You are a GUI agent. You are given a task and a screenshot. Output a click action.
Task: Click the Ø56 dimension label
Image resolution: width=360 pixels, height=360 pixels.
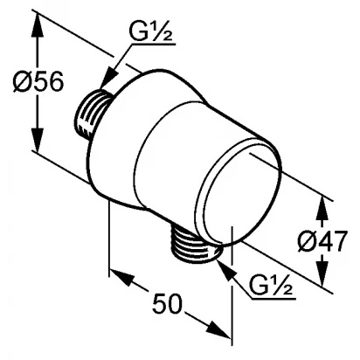(38, 81)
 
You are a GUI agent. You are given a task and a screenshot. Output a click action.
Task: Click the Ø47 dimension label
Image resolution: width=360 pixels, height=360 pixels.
(322, 240)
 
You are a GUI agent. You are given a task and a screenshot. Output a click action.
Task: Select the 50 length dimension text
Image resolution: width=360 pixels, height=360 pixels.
(167, 303)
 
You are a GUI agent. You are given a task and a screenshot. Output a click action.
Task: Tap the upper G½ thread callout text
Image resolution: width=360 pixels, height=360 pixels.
(151, 33)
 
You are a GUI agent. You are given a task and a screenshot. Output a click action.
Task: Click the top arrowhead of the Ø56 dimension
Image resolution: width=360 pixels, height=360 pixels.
(38, 24)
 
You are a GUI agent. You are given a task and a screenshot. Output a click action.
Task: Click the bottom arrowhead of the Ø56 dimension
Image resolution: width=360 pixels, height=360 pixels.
(38, 140)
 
